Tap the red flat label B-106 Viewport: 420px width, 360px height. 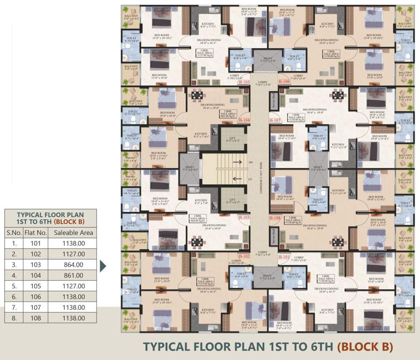coord(283,81)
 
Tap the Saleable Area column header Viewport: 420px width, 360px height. coord(74,232)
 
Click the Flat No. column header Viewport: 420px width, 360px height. coord(36,232)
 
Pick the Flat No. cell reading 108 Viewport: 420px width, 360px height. coord(36,318)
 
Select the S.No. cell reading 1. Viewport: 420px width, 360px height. coord(14,243)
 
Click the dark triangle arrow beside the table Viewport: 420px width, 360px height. coord(103,266)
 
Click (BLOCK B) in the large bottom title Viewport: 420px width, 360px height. coord(365,347)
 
